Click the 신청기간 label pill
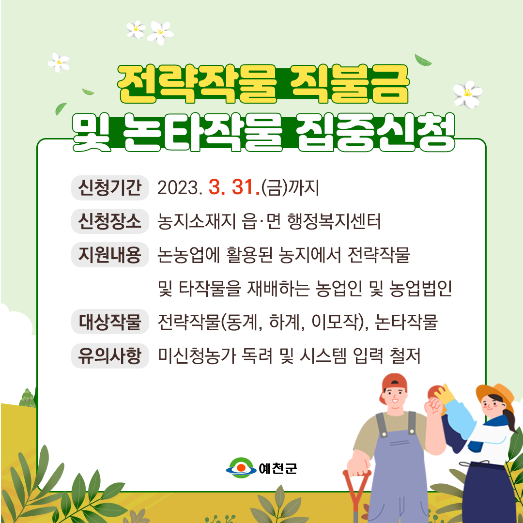pyautogui.click(x=110, y=188)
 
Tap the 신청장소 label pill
pyautogui.click(x=110, y=221)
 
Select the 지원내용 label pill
pyautogui.click(x=110, y=255)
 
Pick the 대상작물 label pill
pyautogui.click(x=110, y=322)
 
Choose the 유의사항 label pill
pyautogui.click(x=110, y=355)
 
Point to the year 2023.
pyautogui.click(x=180, y=188)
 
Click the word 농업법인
pyautogui.click(x=420, y=289)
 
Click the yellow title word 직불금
pyautogui.click(x=349, y=84)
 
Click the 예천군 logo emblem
pyautogui.click(x=241, y=468)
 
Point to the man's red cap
pyautogui.click(x=394, y=386)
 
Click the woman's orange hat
pyautogui.click(x=496, y=396)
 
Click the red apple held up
pyautogui.click(x=434, y=393)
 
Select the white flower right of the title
pyautogui.click(x=468, y=94)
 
